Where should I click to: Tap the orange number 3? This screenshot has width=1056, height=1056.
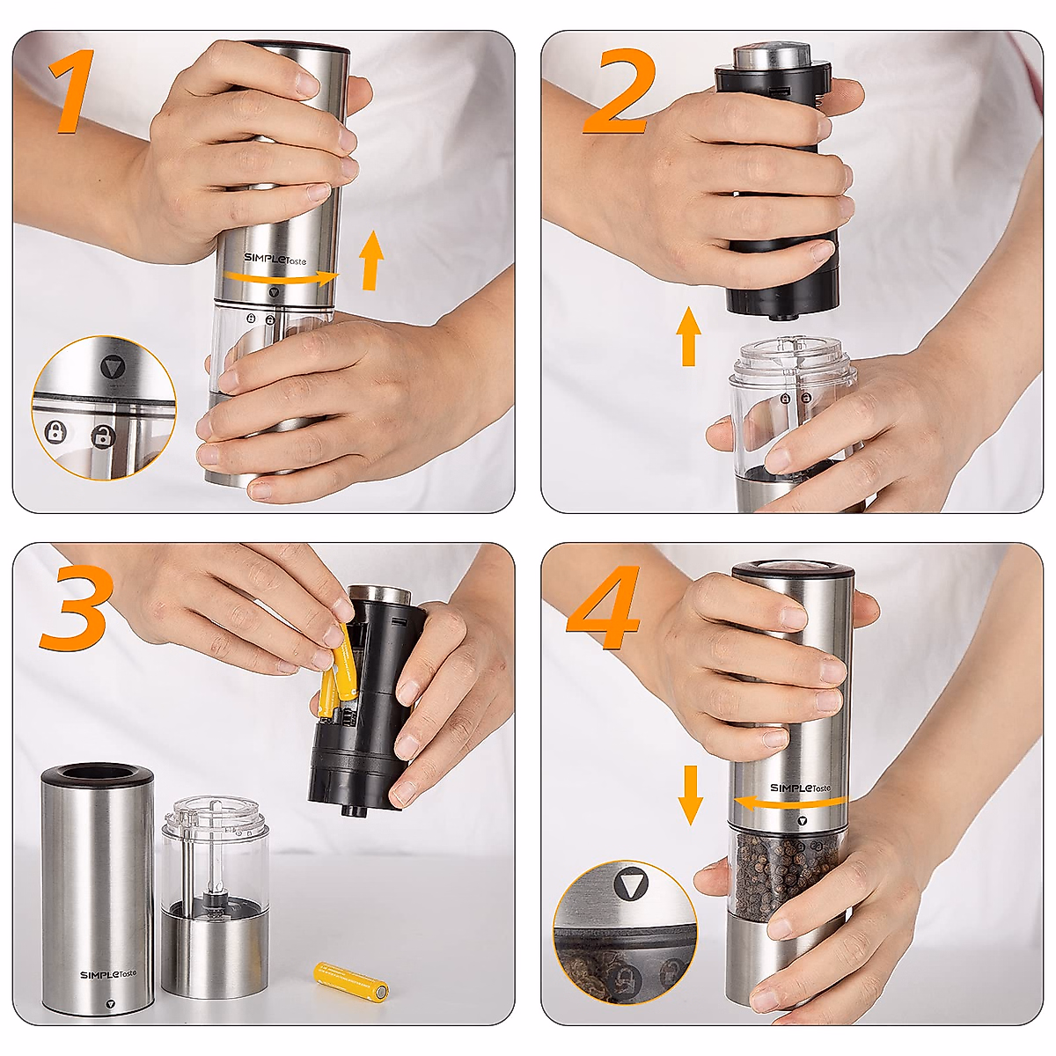(x=77, y=607)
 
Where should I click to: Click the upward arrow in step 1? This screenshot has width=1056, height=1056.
(x=372, y=260)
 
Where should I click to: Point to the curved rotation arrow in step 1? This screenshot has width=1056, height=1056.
(x=280, y=278)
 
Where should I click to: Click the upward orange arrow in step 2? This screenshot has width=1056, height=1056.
(x=689, y=336)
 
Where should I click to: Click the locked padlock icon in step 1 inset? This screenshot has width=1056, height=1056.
(x=55, y=432)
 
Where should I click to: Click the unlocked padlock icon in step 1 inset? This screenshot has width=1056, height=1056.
(x=104, y=435)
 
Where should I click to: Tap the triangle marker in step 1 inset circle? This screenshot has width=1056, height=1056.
(x=111, y=367)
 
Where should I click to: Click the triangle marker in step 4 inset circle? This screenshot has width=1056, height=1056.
(x=631, y=883)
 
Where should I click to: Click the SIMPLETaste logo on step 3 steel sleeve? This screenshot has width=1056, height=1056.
(x=108, y=974)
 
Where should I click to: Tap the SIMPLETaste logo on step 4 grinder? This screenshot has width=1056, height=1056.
(x=799, y=788)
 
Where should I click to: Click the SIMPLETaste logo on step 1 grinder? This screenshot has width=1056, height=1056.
(x=275, y=259)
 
